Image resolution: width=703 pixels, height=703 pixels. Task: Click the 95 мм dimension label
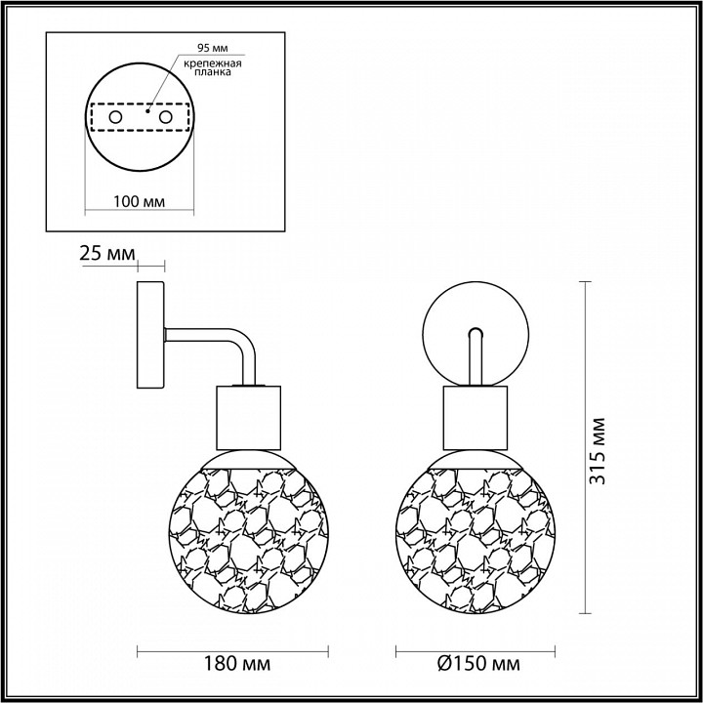coord(213,48)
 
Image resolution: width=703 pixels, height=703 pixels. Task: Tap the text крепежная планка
coord(213,67)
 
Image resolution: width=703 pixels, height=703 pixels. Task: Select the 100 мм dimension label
coord(139,201)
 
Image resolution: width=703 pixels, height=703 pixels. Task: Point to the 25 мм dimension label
coord(107,253)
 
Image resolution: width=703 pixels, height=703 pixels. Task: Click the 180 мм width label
coord(237,664)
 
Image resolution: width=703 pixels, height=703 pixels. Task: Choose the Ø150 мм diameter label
coord(478,664)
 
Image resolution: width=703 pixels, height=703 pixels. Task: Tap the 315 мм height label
coord(598,451)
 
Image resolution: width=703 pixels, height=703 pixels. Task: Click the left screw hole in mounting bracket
coord(115,117)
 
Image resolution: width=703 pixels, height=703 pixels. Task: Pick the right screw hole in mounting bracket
coord(165,117)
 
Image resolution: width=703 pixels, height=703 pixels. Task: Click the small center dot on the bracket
coord(147,110)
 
